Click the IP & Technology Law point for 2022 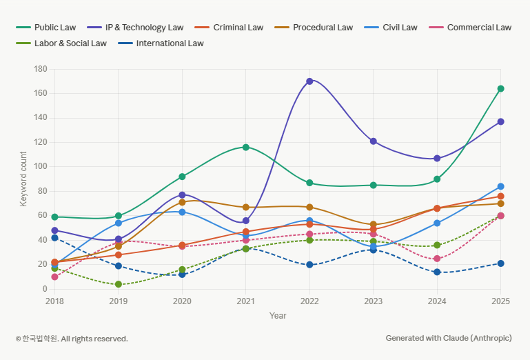[309, 81]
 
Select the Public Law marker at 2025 [500, 89]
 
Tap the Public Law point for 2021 [246, 148]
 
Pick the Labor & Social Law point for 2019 [119, 284]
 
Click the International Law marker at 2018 [54, 238]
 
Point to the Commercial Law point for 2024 [437, 259]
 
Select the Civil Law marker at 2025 [500, 186]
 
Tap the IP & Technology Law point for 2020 [182, 195]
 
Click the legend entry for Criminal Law [238, 28]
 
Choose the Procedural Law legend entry [323, 28]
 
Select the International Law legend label [170, 43]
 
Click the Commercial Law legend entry [479, 28]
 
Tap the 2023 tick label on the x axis [373, 301]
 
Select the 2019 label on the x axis [119, 301]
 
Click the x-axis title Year [278, 315]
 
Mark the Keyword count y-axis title [23, 179]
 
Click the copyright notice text [72, 339]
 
